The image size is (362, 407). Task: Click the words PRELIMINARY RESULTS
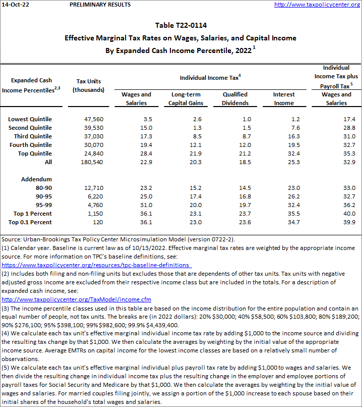tap(99, 5)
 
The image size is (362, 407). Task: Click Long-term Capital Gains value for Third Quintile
tap(184, 136)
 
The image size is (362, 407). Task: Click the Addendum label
tap(36, 179)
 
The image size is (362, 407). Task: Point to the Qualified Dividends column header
tap(235, 98)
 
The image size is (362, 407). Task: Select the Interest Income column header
tap(283, 98)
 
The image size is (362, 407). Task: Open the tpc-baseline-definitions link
tap(96, 265)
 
